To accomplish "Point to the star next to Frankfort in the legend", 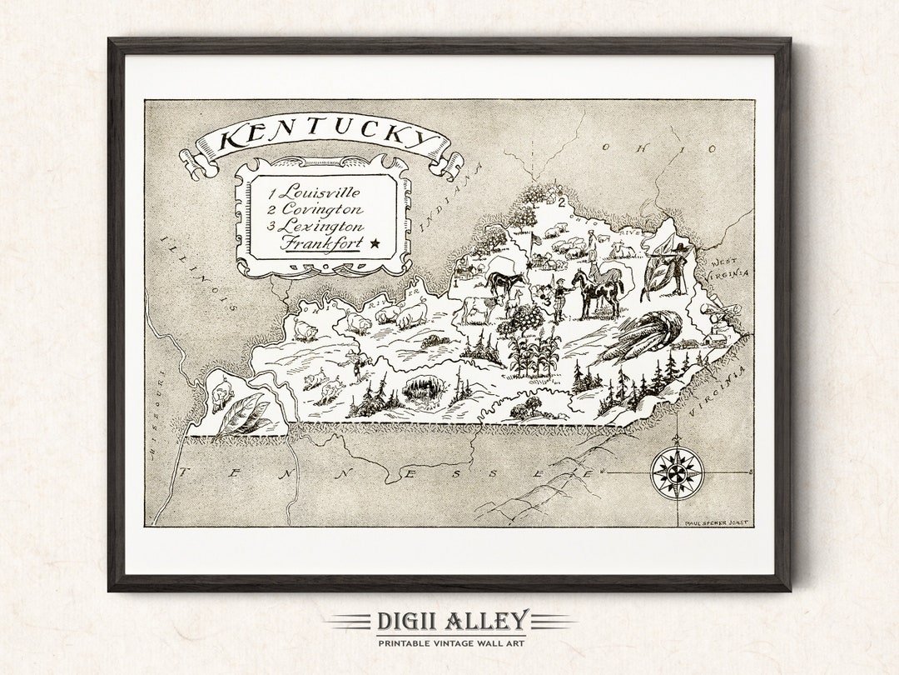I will pyautogui.click(x=374, y=243).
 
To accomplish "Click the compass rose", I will pyautogui.click(x=677, y=473).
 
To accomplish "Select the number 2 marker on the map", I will pyautogui.click(x=562, y=201).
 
